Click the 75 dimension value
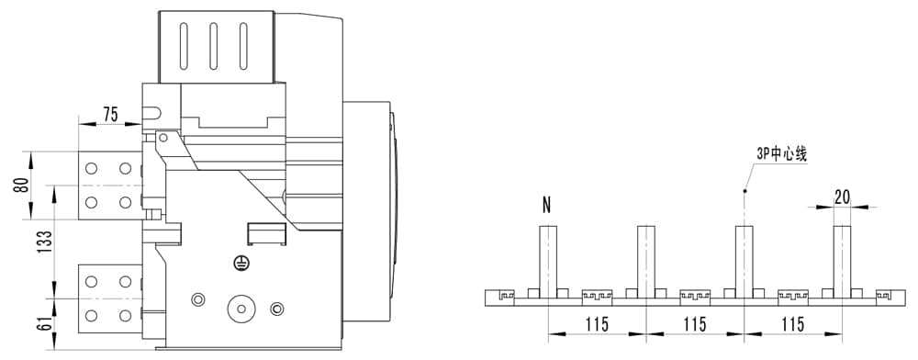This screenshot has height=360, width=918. (x=111, y=114)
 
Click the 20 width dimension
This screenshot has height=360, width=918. (x=843, y=197)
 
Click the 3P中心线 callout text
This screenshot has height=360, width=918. (x=781, y=156)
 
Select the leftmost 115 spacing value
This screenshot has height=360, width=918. (x=596, y=323)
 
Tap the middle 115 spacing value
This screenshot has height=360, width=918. (x=694, y=323)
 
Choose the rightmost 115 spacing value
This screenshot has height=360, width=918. (x=793, y=323)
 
